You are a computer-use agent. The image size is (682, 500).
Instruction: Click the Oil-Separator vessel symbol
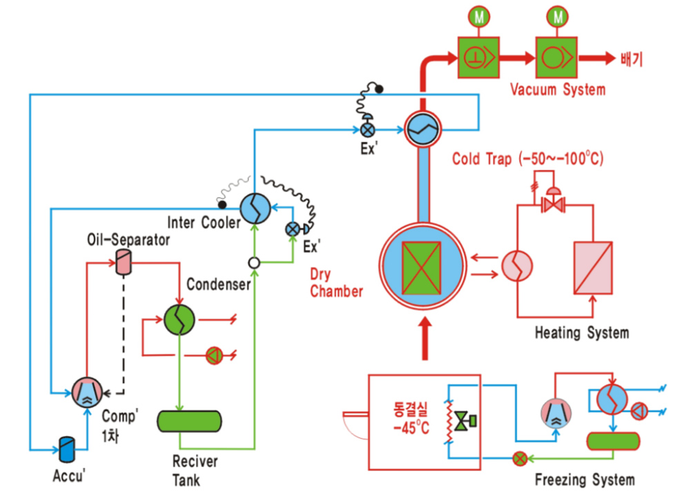(x=124, y=262)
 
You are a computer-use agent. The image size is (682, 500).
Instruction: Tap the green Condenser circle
(x=179, y=320)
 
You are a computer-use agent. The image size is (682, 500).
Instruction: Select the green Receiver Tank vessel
(x=189, y=421)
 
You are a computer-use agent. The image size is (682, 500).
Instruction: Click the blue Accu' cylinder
(x=67, y=449)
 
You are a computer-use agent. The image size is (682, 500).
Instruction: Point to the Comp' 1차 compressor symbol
(x=87, y=392)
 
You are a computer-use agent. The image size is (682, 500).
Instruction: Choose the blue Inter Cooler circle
(x=255, y=208)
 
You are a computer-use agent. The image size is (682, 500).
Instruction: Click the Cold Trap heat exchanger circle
(x=422, y=128)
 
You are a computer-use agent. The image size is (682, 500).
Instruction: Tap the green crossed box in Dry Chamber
(x=422, y=268)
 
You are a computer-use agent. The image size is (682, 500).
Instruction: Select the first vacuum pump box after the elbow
(x=478, y=57)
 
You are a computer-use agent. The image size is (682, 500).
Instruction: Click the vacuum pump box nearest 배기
(x=557, y=57)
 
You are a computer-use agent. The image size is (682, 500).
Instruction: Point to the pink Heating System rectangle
(x=593, y=268)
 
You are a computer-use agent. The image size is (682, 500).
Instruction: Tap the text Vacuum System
(x=558, y=90)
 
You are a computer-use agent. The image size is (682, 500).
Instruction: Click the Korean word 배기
(x=632, y=59)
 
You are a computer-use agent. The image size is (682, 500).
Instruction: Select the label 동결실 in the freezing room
(x=411, y=409)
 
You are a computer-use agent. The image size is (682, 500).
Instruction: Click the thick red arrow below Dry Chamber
(x=425, y=339)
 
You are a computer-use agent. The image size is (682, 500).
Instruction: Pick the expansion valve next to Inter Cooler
(x=293, y=229)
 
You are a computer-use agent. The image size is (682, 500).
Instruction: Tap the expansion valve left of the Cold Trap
(x=367, y=130)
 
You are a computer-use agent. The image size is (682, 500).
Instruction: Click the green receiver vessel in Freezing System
(x=613, y=441)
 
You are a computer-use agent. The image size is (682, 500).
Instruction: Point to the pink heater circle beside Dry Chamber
(x=517, y=266)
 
